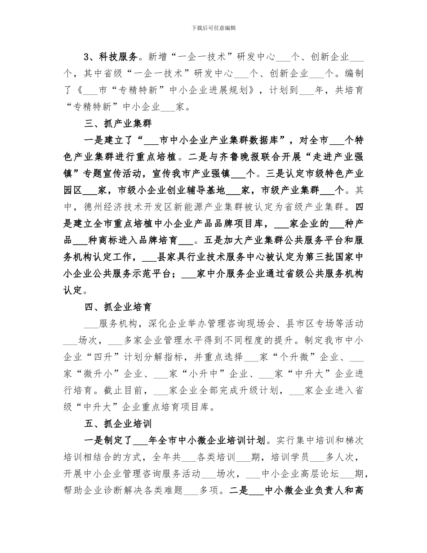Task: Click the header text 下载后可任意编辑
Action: [213, 28]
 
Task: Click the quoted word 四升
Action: [108, 358]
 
